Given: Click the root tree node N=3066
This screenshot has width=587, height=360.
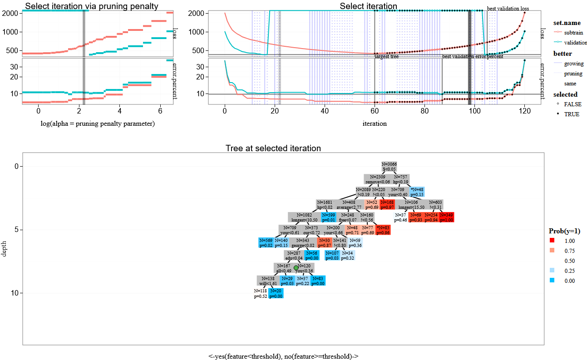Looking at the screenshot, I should [x=389, y=167].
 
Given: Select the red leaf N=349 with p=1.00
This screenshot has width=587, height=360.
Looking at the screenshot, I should [x=447, y=217].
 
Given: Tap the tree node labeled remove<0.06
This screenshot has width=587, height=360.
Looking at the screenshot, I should [x=378, y=179].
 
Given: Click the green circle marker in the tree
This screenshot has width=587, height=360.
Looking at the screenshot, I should [x=296, y=268].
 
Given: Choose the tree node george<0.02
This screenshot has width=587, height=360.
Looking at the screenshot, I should [x=302, y=243].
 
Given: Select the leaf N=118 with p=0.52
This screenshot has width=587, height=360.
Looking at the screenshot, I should [x=261, y=293].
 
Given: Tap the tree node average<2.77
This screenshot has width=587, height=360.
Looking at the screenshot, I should [x=349, y=205].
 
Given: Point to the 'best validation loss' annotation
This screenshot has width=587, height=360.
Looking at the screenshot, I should [x=508, y=9].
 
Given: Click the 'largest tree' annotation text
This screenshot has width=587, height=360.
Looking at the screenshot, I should [x=386, y=57].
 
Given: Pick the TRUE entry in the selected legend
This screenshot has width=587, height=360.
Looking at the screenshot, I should [x=572, y=114].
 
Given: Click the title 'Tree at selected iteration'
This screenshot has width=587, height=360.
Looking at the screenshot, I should [x=273, y=148].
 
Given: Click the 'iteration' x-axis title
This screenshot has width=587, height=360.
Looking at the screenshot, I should [x=375, y=123].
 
